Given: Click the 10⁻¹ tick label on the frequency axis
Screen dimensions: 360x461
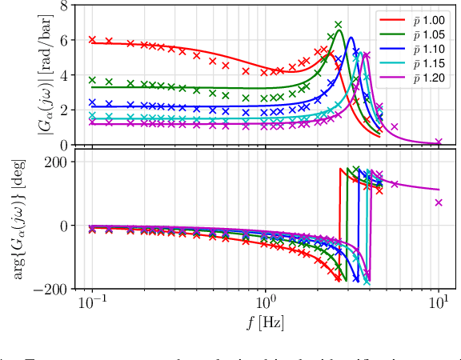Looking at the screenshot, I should (92, 306).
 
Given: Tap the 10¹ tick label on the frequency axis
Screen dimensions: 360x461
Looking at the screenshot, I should (438, 306).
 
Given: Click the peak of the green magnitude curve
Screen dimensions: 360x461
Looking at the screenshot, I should (339, 32).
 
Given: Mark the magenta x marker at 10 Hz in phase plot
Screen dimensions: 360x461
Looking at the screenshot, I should (439, 202).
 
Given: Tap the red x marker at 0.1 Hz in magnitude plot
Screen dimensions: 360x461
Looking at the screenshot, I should (92, 39).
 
